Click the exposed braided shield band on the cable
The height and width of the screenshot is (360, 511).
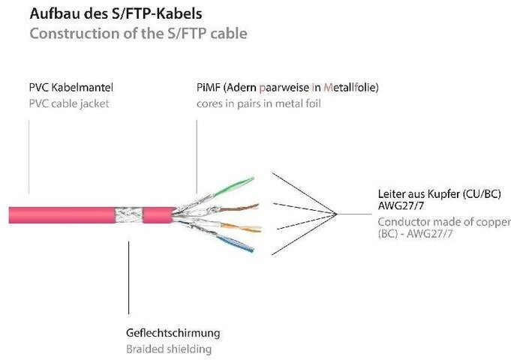point(129,214)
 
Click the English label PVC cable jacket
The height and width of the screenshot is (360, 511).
point(69,103)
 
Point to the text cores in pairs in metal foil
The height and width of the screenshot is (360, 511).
point(259,103)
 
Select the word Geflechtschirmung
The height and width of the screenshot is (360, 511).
point(172,332)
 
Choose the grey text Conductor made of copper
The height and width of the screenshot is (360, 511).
point(442,222)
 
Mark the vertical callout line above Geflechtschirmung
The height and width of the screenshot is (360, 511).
point(129,277)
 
